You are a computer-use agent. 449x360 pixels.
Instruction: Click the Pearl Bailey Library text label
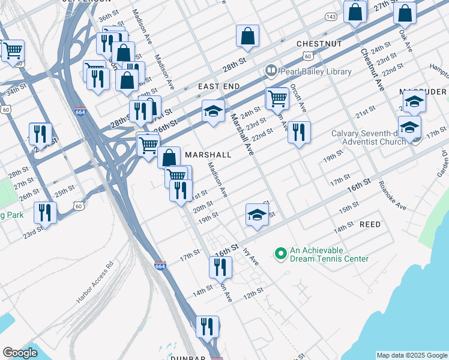[x=315, y=71]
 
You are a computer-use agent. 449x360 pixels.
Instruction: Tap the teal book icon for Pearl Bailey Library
[x=271, y=71]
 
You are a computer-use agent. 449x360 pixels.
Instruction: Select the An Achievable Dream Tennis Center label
[x=329, y=254]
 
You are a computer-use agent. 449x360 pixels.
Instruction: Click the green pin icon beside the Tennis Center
[x=280, y=254]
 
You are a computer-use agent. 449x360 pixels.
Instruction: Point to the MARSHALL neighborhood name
[x=208, y=155]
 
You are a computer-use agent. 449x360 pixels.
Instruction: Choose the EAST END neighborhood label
[x=219, y=86]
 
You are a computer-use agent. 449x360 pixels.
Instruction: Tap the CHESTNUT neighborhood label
[x=319, y=44]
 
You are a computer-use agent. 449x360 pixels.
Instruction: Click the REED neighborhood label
[x=370, y=224]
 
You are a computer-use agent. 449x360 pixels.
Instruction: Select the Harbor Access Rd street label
[x=95, y=281]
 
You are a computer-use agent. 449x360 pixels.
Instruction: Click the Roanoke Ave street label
[x=393, y=196]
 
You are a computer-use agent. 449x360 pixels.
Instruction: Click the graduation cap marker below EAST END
[x=213, y=112]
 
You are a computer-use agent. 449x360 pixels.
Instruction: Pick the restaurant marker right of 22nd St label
[x=299, y=132]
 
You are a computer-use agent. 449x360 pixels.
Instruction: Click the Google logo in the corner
[x=20, y=352]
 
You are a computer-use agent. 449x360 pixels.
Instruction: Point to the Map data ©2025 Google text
[x=412, y=355]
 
